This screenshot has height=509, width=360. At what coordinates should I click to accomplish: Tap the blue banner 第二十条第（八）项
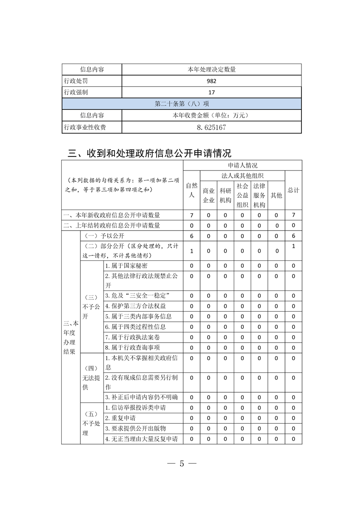coord(182,104)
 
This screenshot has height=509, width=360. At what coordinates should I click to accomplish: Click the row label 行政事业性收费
coord(85,127)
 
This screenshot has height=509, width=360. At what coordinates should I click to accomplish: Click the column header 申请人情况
coord(242,165)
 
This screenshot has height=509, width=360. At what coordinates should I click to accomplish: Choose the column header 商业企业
coord(208,195)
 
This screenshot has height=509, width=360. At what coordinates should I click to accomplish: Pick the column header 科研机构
coord(226,195)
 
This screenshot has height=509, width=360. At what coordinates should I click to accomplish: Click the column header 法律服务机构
coord(259,195)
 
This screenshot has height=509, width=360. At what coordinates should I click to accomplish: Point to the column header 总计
coord(293,190)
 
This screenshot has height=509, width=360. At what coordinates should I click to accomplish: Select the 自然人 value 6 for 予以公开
coord(192,236)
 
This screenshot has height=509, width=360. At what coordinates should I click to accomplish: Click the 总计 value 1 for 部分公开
coord(294,246)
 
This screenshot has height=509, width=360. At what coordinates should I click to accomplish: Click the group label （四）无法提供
coord(92,377)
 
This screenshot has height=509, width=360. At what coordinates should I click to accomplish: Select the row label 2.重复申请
coord(120,418)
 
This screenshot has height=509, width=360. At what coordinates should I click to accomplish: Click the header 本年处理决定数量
coord(211,69)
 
